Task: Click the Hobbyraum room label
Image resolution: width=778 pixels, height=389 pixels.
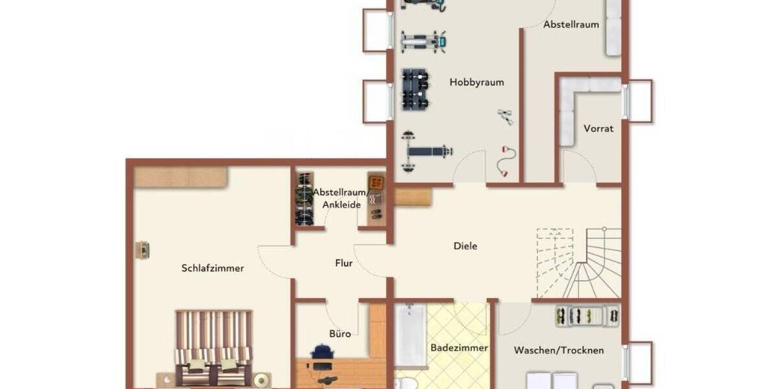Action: pyautogui.click(x=477, y=82)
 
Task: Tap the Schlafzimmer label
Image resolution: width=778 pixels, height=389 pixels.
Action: pyautogui.click(x=213, y=268)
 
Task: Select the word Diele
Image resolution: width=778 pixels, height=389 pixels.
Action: pyautogui.click(x=466, y=246)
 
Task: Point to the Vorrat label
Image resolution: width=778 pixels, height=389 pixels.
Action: pyautogui.click(x=598, y=128)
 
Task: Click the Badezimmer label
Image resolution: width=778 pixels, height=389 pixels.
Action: pyautogui.click(x=459, y=348)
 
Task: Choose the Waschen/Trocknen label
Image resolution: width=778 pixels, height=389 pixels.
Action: pyautogui.click(x=558, y=350)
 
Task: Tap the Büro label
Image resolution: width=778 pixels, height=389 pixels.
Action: pyautogui.click(x=340, y=334)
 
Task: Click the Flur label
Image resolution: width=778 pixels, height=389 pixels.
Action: pyautogui.click(x=344, y=263)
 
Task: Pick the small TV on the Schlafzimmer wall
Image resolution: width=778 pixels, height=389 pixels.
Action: pyautogui.click(x=142, y=250)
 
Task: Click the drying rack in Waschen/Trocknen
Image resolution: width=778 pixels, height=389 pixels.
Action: pyautogui.click(x=587, y=316)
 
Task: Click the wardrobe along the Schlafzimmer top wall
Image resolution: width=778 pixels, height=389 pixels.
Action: pyautogui.click(x=181, y=177)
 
